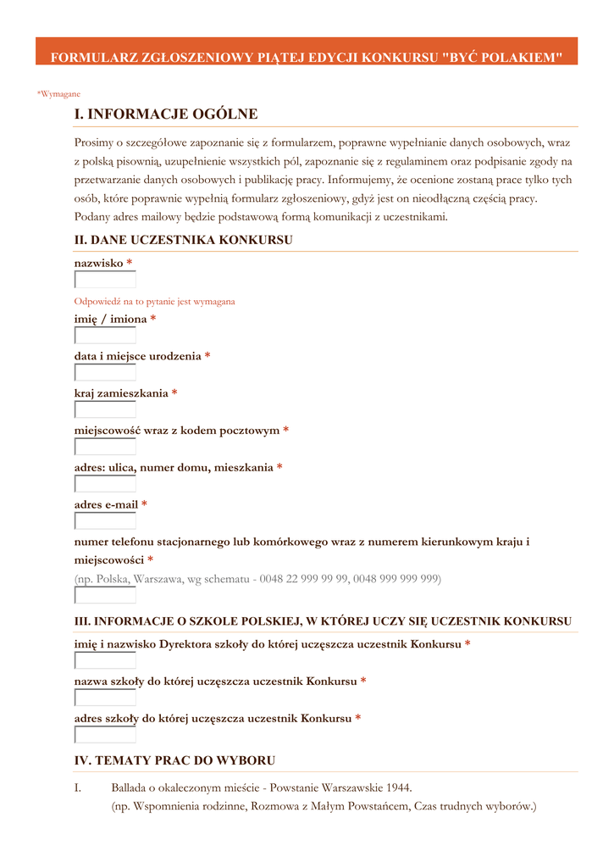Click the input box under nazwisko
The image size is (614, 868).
coord(105,280)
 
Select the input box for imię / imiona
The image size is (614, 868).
coord(105,336)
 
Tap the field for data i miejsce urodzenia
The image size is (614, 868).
coord(105,373)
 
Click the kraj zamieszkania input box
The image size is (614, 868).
coord(105,410)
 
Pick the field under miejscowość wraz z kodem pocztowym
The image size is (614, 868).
coord(105,448)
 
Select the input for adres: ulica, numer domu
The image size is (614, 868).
coord(105,484)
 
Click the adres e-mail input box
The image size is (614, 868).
coord(105,521)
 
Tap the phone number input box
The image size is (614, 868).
coord(105,595)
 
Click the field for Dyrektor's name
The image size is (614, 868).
coord(105,661)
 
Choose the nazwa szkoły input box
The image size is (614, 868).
coord(105,698)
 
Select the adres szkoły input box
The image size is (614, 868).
coord(105,735)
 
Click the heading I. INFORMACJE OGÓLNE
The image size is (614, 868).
coord(166,114)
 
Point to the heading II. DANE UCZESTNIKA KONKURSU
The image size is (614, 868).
coord(184,241)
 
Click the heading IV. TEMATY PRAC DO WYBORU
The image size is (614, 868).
coord(174,761)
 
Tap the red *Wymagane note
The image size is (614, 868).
coord(58,94)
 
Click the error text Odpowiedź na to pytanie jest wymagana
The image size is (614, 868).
coord(155,301)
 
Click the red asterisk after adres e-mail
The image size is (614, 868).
coord(145,505)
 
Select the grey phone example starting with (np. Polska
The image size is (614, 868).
coord(257,579)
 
